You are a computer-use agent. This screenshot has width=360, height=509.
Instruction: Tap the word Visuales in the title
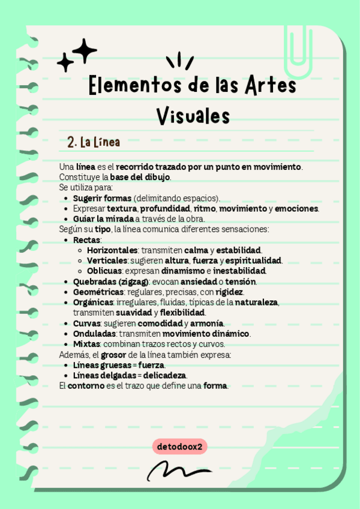pos(193,115)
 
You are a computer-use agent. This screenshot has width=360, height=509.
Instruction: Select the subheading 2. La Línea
pos(94,143)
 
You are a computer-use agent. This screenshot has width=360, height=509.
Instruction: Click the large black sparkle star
pos(85,50)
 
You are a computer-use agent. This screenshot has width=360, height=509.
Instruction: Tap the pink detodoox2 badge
pos(181,446)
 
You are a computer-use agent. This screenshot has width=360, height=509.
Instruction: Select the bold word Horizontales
pos(112,250)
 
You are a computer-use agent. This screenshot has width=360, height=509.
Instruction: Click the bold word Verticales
pos(106,260)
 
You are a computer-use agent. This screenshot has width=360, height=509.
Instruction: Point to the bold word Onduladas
pos(94,334)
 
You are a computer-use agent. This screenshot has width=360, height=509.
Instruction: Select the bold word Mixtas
pos(86,344)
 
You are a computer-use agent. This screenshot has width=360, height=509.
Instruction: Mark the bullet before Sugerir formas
pos(65,198)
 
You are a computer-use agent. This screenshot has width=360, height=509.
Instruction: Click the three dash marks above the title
pos(179,61)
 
